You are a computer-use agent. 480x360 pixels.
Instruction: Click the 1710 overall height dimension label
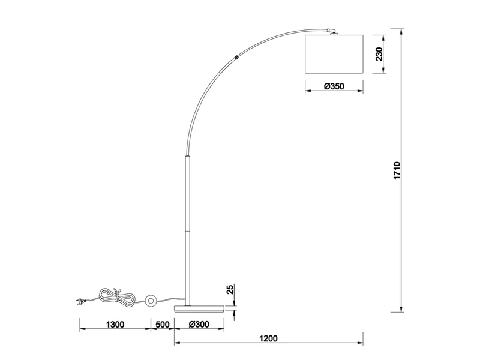pos(397,170)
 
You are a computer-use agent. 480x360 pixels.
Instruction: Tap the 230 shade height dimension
pos(379,54)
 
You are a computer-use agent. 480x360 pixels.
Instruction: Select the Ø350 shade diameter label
pos(334,86)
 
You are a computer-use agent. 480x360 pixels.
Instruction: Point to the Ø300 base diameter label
pos(199,325)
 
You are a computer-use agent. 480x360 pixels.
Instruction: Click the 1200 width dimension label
pos(268,338)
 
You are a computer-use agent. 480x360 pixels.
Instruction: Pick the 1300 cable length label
pos(115,325)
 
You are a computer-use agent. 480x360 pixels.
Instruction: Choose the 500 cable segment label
pos(163,325)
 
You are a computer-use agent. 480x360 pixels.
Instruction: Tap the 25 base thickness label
pos(230,289)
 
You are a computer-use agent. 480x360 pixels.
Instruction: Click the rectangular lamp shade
pos(334,54)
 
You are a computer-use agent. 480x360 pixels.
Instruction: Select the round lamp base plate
pos(199,308)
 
